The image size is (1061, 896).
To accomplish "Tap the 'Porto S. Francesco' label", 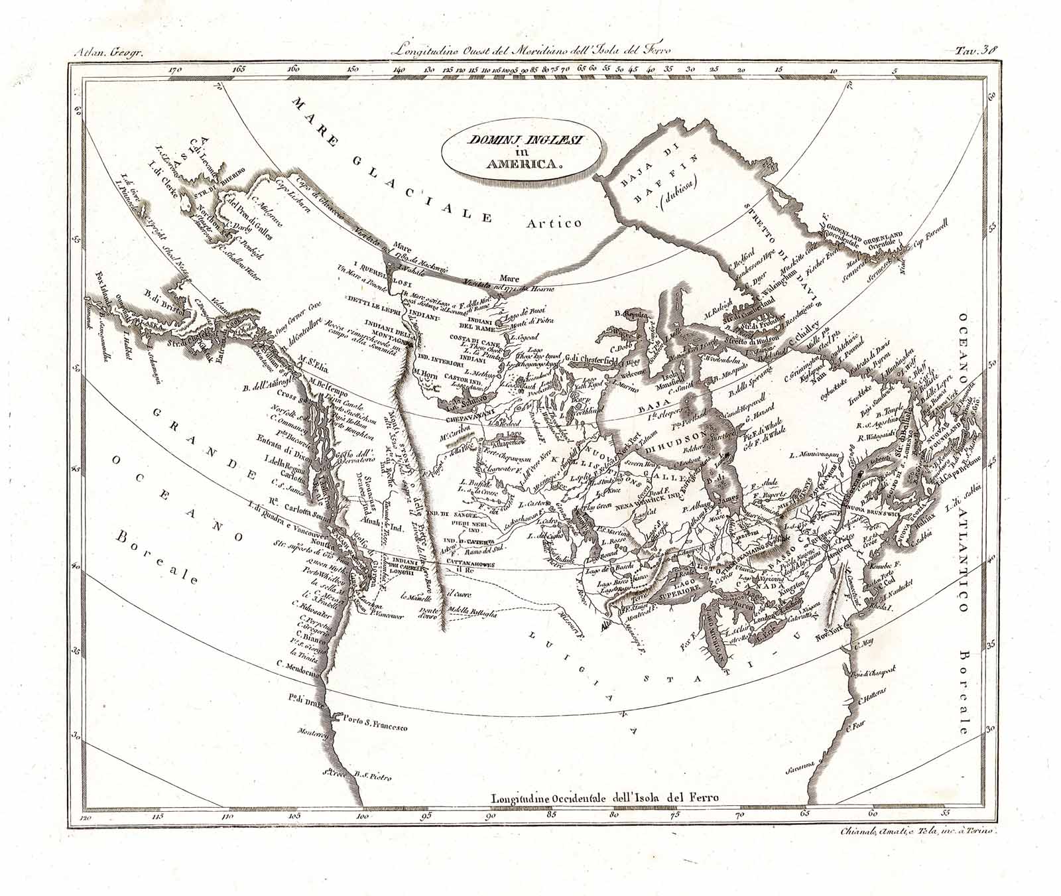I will point(375,726).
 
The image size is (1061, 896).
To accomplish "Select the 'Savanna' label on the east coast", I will point(800,769).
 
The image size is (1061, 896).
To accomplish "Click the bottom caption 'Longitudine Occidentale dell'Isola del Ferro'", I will point(605,799).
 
